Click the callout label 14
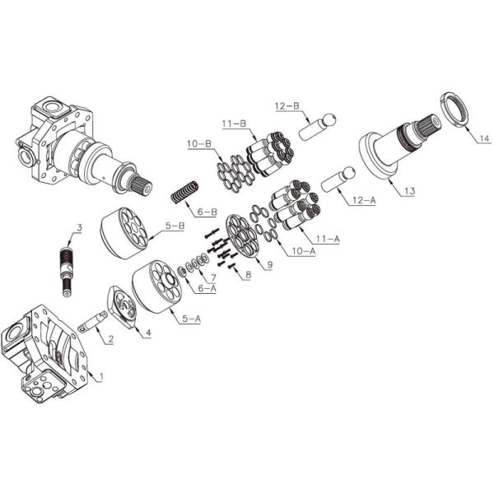click(x=484, y=138)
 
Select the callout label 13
click(x=409, y=191)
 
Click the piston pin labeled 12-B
click(x=317, y=128)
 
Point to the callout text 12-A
click(x=364, y=200)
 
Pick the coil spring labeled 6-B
click(x=185, y=192)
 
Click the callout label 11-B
click(x=234, y=123)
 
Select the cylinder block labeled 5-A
click(x=156, y=287)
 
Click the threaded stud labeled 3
click(x=68, y=272)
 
